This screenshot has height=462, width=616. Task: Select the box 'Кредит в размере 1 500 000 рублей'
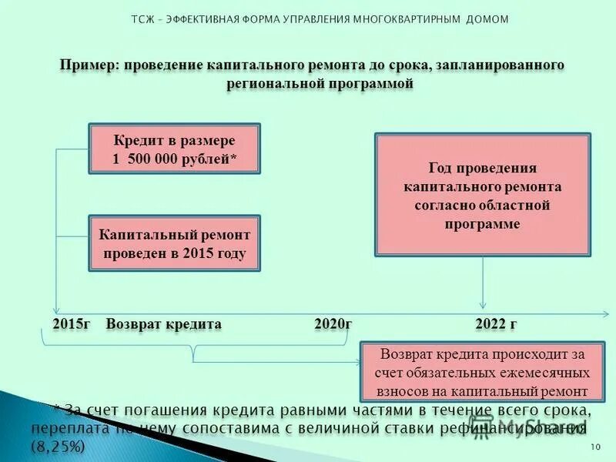tap(175, 150)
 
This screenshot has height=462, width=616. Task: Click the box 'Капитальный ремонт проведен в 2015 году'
tap(175, 243)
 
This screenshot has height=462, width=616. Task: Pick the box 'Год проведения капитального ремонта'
tap(483, 195)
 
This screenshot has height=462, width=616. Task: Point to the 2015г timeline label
tap(72, 324)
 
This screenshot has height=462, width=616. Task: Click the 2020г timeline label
tap(333, 324)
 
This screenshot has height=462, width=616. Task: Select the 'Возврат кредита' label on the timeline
tap(163, 324)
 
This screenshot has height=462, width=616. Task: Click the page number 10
tap(594, 447)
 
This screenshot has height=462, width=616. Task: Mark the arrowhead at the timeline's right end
tap(604, 313)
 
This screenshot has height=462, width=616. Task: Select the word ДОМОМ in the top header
tap(487, 19)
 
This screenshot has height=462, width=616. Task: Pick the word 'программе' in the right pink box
tap(482, 224)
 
